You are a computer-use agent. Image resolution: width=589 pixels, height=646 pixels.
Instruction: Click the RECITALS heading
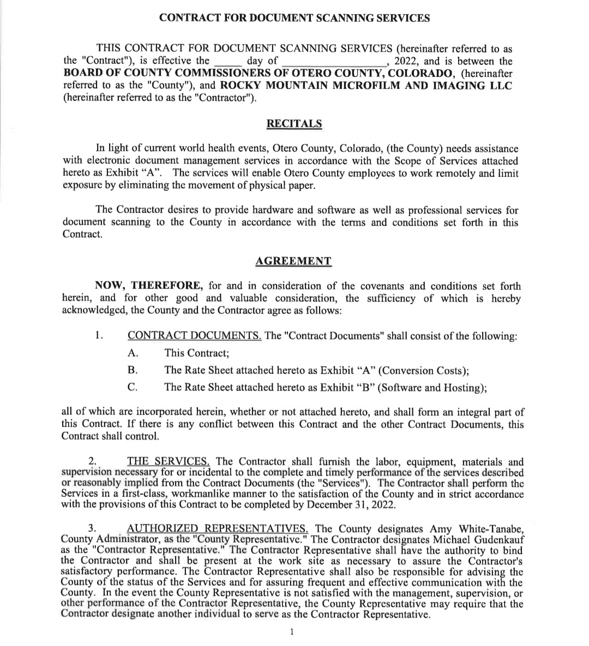tap(294, 123)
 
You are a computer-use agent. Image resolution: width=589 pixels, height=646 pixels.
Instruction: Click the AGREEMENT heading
tap(293, 261)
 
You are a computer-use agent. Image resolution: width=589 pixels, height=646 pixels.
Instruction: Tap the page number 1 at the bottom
tap(292, 632)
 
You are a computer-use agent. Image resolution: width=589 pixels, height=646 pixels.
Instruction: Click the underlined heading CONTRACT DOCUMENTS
tap(194, 336)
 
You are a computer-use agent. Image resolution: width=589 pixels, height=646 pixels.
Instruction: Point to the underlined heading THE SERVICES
tap(171, 462)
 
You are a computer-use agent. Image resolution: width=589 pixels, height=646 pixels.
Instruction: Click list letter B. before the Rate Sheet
tap(132, 370)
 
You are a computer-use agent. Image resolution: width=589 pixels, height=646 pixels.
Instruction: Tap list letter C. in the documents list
tap(132, 387)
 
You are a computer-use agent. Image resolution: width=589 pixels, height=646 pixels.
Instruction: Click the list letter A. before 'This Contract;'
tap(132, 353)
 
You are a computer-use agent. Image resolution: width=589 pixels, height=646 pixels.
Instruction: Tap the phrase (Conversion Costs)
tap(423, 370)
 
